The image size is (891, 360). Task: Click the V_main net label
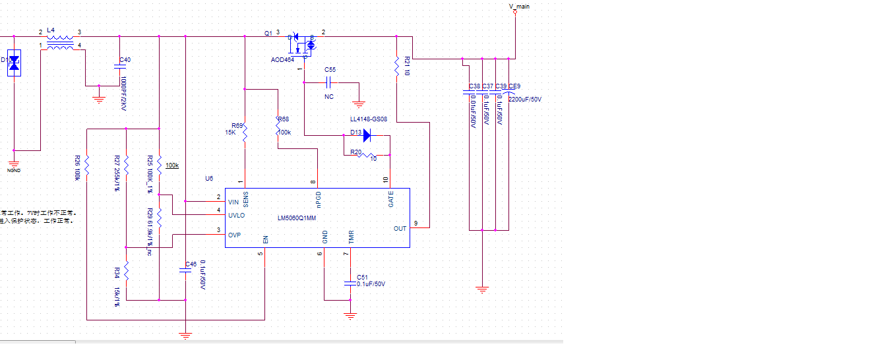(519, 7)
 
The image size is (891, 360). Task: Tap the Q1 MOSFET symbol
(301, 44)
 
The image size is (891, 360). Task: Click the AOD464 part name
(282, 59)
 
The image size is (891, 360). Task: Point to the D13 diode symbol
(367, 135)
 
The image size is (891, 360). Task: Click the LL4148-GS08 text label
(368, 120)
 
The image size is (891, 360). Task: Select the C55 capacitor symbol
(330, 83)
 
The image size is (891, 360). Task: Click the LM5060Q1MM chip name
(297, 218)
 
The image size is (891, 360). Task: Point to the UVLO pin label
(237, 216)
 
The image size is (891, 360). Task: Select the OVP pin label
(234, 235)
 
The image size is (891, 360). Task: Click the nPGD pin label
(319, 198)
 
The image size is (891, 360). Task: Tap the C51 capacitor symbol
(350, 284)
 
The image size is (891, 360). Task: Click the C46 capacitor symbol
(185, 270)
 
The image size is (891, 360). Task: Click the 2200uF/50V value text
(525, 99)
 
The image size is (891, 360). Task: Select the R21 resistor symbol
(397, 67)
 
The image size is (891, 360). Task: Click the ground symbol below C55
(359, 103)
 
